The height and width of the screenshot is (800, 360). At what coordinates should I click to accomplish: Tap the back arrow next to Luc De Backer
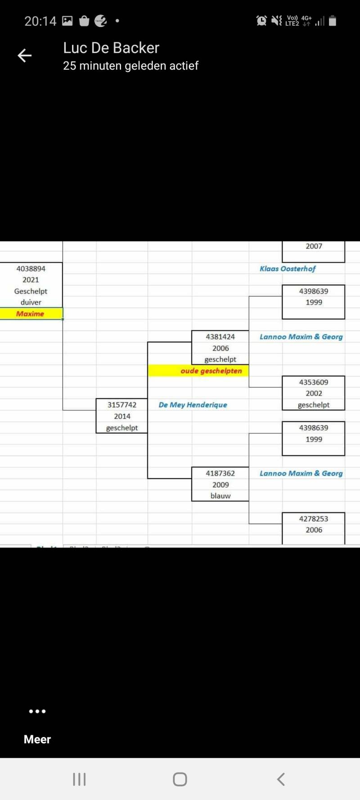coord(25,55)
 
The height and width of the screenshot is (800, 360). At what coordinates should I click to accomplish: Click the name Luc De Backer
coord(111,48)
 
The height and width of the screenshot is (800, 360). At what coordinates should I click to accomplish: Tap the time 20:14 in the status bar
coord(40,21)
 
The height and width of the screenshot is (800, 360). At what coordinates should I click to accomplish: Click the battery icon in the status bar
coord(333,21)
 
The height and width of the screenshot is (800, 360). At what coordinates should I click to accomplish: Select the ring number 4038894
coord(31,269)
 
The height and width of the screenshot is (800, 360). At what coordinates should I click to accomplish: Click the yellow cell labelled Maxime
coord(30,314)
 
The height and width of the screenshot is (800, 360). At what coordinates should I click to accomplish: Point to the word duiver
coord(31,302)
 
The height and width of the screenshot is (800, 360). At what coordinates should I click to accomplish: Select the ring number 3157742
coord(122,405)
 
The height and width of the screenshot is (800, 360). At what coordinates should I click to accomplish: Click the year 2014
coord(122,416)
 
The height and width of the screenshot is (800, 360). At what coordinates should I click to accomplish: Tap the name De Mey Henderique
coord(193,405)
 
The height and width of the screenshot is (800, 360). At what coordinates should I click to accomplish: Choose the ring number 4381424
coord(220,337)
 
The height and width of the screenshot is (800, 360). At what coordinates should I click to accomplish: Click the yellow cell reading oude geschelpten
coord(211,371)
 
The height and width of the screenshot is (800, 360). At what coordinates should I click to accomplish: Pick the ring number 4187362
coord(220,473)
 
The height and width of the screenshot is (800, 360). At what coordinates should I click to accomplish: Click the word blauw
coord(220,496)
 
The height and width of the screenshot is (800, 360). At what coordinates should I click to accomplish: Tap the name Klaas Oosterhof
coord(288,269)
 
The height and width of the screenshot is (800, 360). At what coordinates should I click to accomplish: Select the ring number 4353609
coord(314,382)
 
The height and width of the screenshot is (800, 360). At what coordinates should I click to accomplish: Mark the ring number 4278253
coord(314,519)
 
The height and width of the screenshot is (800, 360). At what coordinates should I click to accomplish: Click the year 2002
coord(314,393)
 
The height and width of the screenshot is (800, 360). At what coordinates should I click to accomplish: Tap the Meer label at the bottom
coord(37,739)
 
